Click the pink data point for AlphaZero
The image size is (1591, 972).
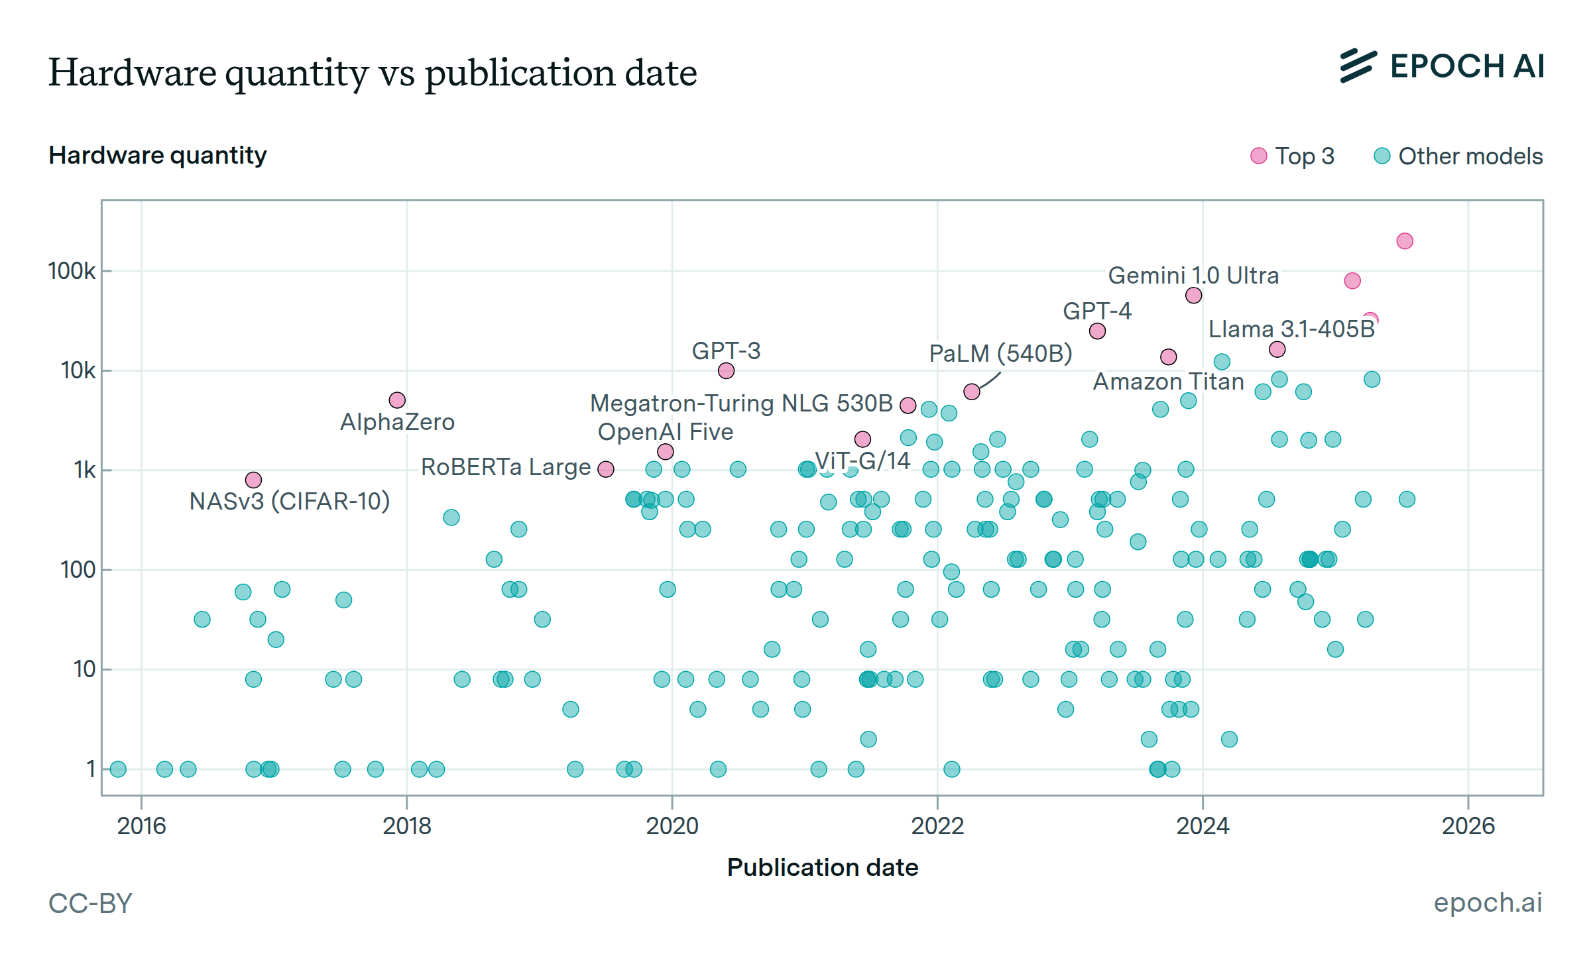397,400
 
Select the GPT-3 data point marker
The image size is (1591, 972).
726,371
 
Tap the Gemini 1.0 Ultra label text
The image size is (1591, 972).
1193,276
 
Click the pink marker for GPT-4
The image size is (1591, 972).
1097,331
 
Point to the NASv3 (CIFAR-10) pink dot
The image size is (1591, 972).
253,480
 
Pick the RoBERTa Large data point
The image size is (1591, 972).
606,469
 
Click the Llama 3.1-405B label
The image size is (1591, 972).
1291,329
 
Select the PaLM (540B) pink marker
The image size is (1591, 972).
972,392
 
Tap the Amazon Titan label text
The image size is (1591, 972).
1168,382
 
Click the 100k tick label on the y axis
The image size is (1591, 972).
72,271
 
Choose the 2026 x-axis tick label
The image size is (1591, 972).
1468,826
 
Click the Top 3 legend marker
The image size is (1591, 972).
1258,156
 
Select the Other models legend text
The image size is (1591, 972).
1470,156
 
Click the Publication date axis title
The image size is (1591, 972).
823,868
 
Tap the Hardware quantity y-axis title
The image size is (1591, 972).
158,155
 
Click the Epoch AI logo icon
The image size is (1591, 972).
1358,66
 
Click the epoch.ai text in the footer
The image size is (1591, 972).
1488,902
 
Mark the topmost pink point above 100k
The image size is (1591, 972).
1405,241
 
